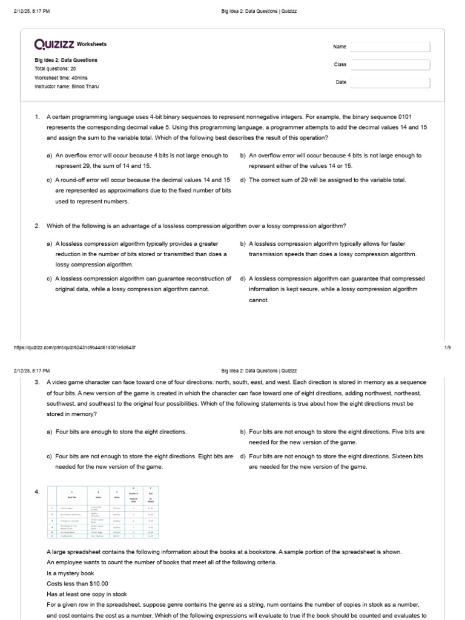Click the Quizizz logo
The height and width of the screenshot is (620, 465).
[55, 44]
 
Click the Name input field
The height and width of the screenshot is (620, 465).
[390, 47]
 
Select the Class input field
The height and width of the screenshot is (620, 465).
[390, 64]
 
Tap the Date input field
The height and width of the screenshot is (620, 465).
[390, 83]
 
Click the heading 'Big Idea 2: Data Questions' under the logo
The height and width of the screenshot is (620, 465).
[66, 61]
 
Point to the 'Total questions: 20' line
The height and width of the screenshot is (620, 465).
[56, 69]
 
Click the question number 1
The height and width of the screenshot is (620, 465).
[37, 116]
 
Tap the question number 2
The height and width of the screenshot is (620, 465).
[37, 226]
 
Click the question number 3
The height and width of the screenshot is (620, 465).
[37, 383]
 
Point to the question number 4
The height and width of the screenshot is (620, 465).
[37, 492]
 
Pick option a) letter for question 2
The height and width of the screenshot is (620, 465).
[49, 243]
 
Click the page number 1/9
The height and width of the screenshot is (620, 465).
[447, 348]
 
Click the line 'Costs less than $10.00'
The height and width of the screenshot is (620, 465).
[77, 584]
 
